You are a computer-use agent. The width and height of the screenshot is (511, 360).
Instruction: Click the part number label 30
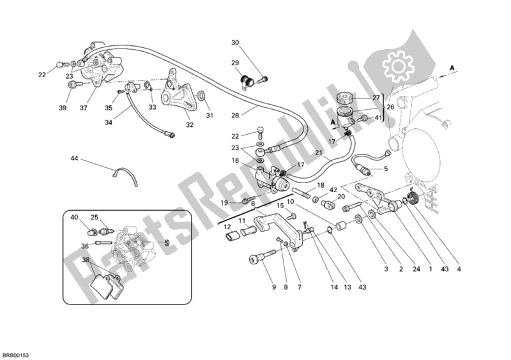pyautogui.click(x=235, y=43)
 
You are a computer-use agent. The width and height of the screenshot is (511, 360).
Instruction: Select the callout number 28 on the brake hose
pyautogui.click(x=236, y=115)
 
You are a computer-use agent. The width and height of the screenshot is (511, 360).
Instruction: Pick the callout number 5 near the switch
pyautogui.click(x=385, y=169)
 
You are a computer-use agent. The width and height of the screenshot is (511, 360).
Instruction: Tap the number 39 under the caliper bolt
pyautogui.click(x=63, y=108)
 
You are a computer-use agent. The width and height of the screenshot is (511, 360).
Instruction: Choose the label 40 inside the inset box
pyautogui.click(x=75, y=218)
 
